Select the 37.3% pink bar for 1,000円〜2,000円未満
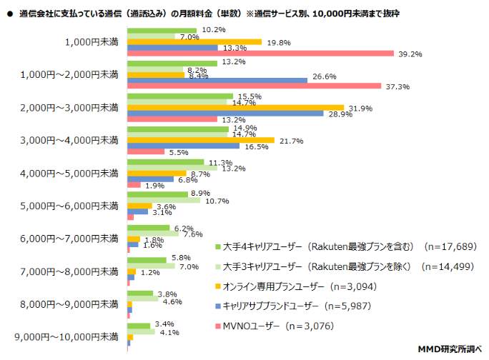[x=254, y=87]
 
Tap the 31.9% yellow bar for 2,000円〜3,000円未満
[x=235, y=107]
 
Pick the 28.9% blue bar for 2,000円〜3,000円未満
[x=225, y=114]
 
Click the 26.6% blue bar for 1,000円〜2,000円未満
[x=217, y=81]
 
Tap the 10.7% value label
[x=217, y=201]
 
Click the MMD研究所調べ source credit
[x=449, y=349]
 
